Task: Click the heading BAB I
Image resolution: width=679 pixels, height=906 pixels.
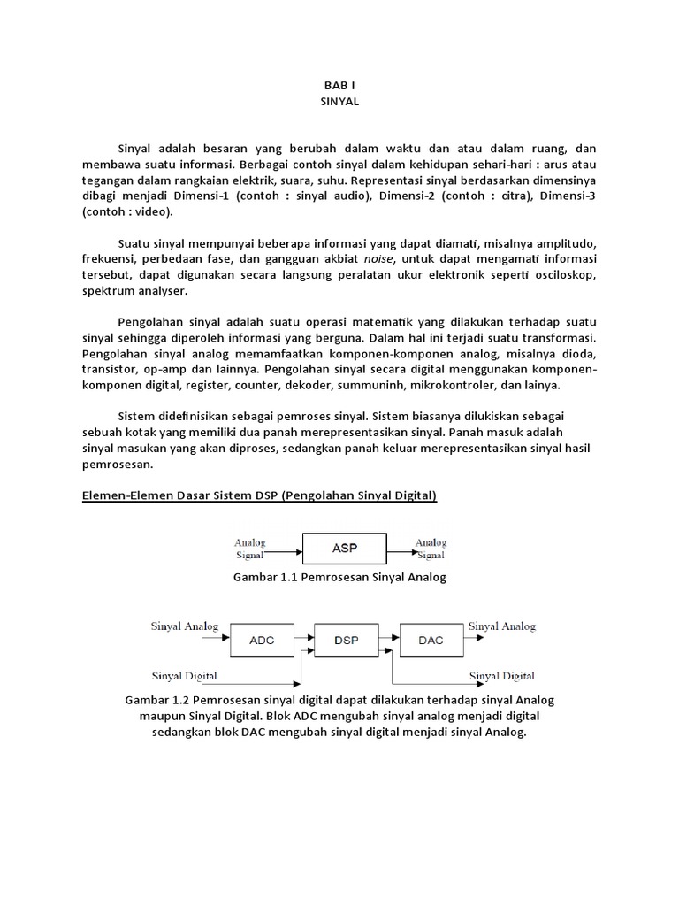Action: (339, 86)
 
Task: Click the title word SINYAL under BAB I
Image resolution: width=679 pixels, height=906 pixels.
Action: (339, 102)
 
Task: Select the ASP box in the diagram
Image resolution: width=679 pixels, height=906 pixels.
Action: (345, 549)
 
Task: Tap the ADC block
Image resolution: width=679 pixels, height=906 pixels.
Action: (263, 640)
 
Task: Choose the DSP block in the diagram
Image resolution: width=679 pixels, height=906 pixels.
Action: (347, 640)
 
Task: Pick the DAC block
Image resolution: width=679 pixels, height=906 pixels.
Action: (431, 640)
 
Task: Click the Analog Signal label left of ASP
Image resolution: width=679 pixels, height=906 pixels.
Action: (250, 549)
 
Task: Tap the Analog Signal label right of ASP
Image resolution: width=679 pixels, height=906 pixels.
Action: (431, 549)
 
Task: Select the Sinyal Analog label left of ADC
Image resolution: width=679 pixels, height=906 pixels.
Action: (185, 626)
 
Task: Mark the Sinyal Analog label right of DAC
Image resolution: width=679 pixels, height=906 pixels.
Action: (502, 626)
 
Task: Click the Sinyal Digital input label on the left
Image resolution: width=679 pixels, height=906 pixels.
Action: (185, 677)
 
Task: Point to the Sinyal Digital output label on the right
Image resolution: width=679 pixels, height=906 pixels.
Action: (502, 677)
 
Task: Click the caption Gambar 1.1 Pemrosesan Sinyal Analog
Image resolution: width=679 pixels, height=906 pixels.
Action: (339, 577)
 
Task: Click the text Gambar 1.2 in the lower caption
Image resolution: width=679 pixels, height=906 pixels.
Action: (155, 700)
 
